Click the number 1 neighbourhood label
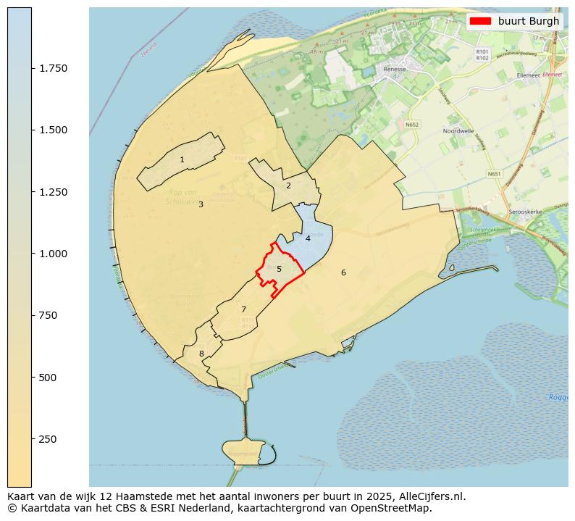(x=182, y=159)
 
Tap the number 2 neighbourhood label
(x=288, y=186)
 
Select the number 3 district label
(x=201, y=204)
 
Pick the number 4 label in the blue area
(x=308, y=238)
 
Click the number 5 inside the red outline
(x=279, y=269)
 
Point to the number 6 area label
(x=343, y=272)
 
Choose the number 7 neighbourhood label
(x=243, y=309)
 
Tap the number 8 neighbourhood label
(x=201, y=354)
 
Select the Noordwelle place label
(x=458, y=131)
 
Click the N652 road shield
(x=412, y=125)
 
